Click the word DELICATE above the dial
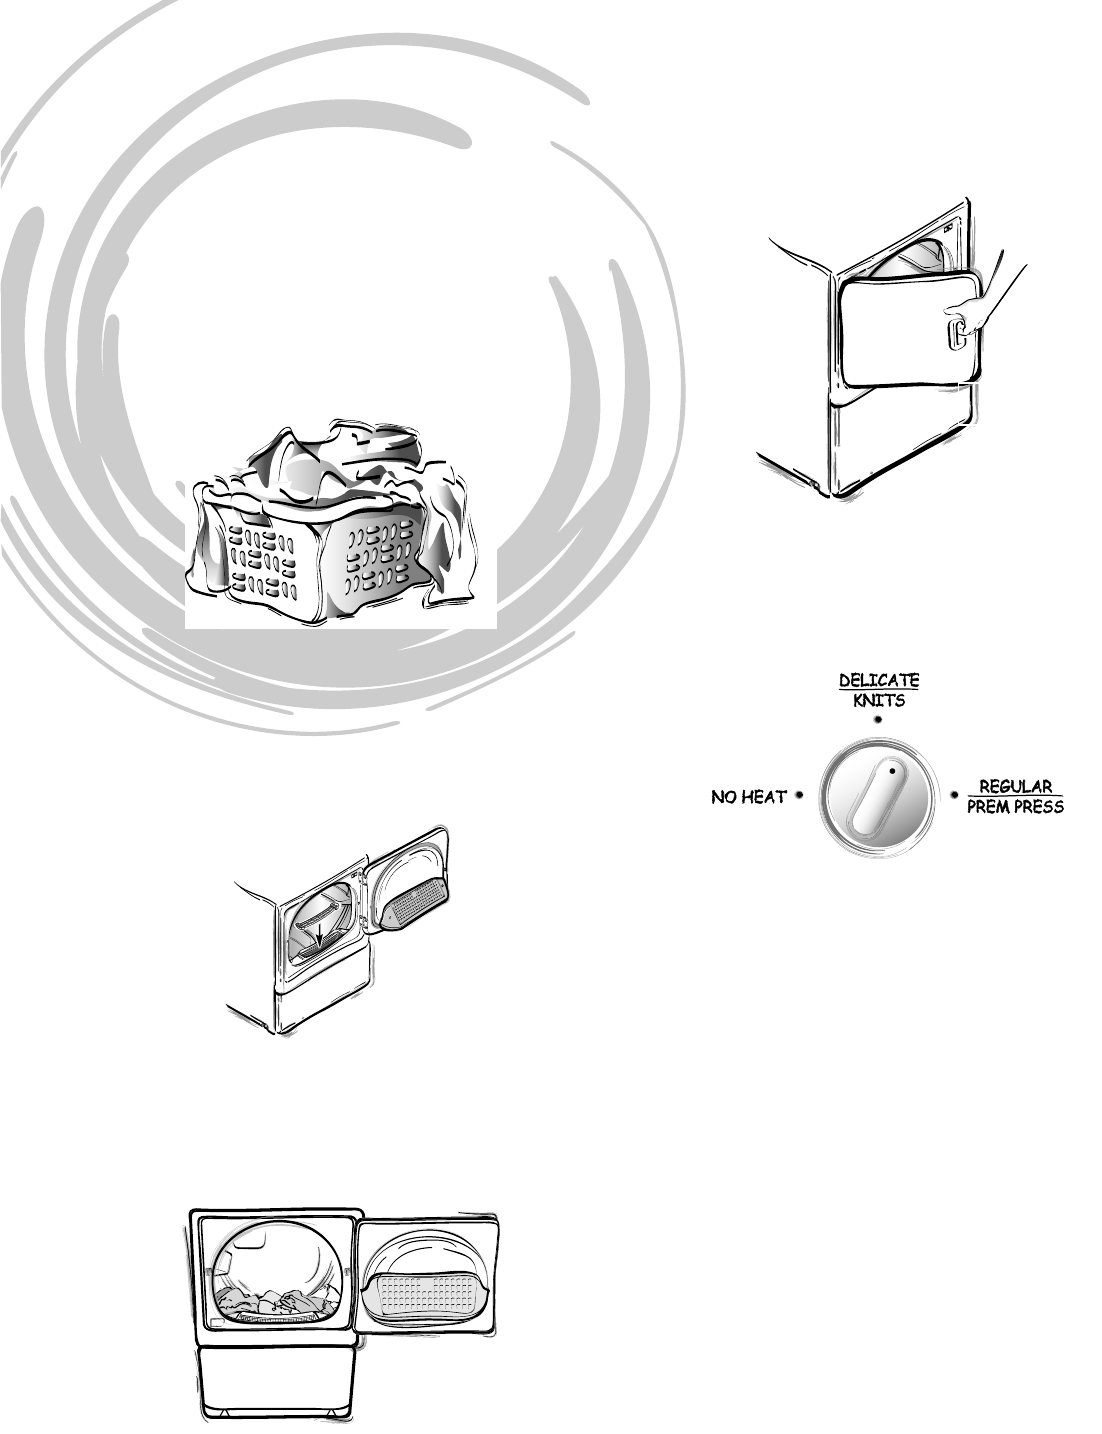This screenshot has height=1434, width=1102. (878, 680)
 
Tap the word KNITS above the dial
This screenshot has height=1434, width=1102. (878, 700)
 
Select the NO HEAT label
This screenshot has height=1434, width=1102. (748, 797)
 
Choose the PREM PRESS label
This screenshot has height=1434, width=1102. (1007, 806)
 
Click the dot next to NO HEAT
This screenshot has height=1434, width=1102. (800, 796)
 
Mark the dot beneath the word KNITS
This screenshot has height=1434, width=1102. (878, 719)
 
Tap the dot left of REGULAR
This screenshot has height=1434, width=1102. (956, 796)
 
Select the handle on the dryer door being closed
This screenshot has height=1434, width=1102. (957, 332)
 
